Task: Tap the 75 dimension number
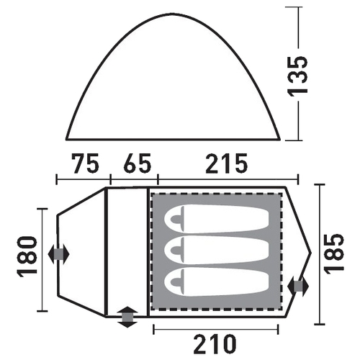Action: pos(85,163)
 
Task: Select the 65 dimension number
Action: pos(138,163)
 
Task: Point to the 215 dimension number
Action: pos(227,163)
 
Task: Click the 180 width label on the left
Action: pos(27,257)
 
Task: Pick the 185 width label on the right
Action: pos(334,253)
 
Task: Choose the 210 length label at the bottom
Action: pos(215,344)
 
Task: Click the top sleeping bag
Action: pos(217,219)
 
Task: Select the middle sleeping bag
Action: pos(217,250)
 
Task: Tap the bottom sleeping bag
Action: pos(217,282)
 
